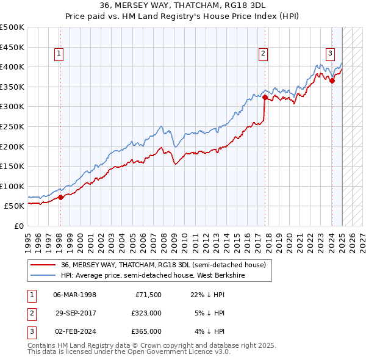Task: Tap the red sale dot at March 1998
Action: [x=60, y=197]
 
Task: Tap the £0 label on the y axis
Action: [x=18, y=226]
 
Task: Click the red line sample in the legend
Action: [x=44, y=265]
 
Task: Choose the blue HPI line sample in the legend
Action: [x=44, y=275]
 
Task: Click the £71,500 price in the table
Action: [x=147, y=294]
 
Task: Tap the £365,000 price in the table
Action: [x=147, y=331]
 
